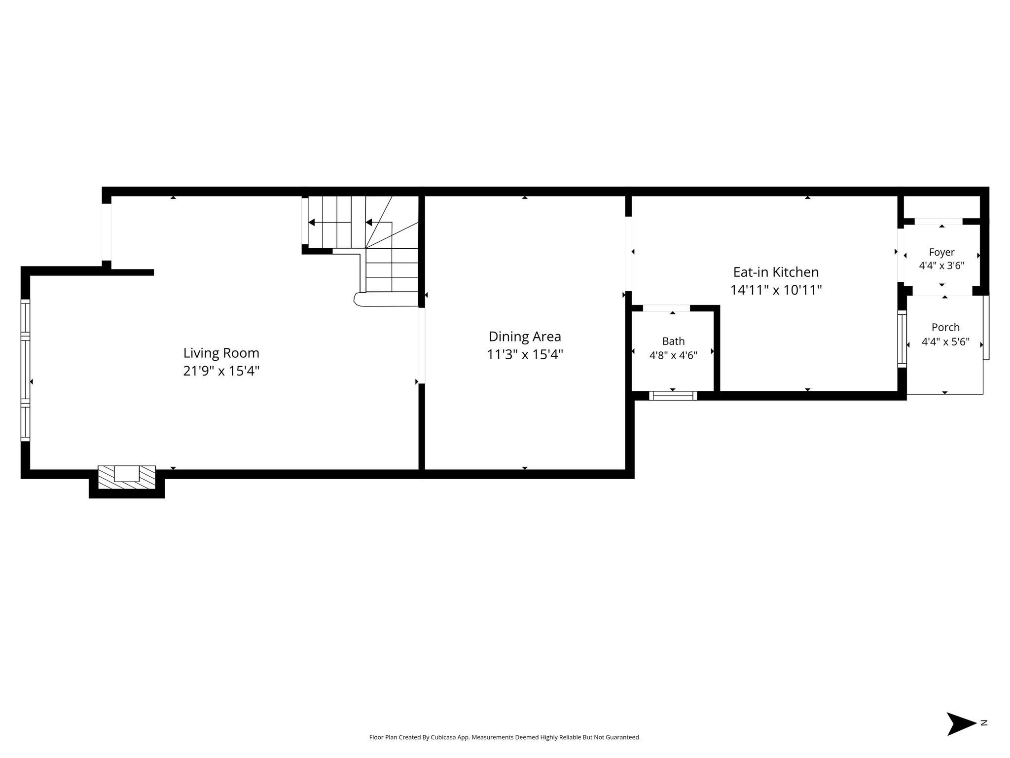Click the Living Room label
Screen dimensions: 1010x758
point(221,353)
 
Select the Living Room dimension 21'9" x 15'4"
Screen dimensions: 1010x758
point(221,371)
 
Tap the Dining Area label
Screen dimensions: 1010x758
point(525,337)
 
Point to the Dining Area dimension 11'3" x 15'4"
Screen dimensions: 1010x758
point(525,354)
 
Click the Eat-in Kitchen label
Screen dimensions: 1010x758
point(776,272)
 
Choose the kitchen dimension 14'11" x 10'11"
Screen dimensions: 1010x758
point(776,290)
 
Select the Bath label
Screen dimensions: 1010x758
point(673,341)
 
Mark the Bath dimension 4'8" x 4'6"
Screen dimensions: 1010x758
point(673,355)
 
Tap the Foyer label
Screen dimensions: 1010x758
point(941,252)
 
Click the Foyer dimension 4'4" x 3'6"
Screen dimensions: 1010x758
point(941,265)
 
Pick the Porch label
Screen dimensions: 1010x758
point(945,327)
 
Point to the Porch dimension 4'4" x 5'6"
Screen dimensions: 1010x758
point(945,341)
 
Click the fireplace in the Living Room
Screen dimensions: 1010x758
point(127,477)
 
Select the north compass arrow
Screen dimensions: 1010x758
point(961,724)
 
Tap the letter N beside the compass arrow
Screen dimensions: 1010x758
point(984,723)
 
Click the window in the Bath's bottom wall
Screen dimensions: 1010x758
point(673,395)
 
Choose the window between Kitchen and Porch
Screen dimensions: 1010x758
point(902,339)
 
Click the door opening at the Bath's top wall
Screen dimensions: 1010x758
point(666,308)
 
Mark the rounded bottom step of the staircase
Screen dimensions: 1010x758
point(386,299)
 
